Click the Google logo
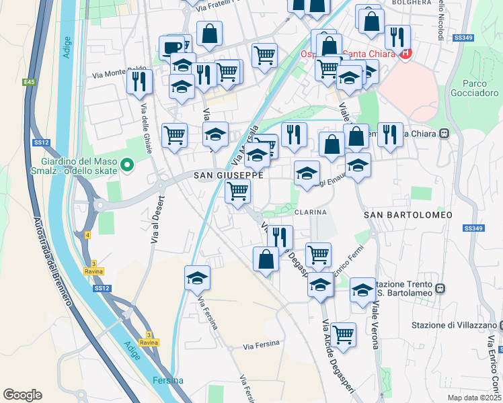23,395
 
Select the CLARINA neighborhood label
310,211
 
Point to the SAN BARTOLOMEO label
408,214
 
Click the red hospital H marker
405,54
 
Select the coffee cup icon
171,48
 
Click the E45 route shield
28,82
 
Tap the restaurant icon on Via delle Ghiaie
140,82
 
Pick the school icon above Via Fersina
197,278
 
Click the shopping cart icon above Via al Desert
175,135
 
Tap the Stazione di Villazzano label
453,326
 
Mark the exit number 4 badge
87,235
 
